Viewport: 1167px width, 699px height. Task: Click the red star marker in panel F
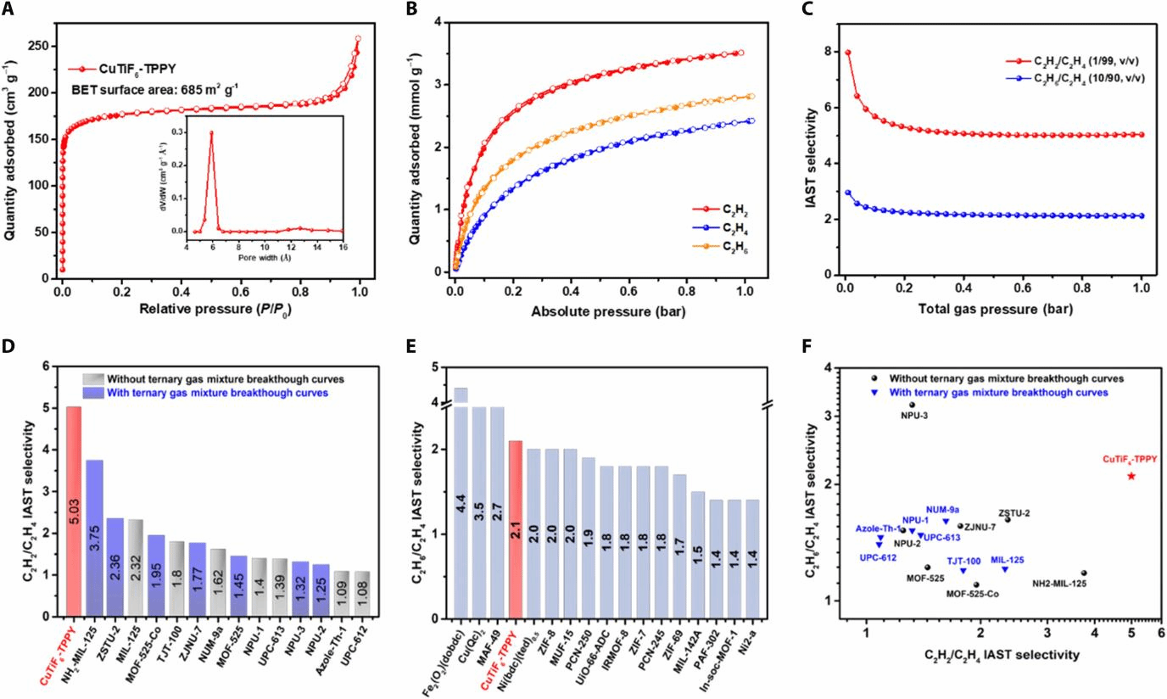[1131, 476]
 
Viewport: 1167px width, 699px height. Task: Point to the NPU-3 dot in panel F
[912, 405]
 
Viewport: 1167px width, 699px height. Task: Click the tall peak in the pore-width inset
[211, 132]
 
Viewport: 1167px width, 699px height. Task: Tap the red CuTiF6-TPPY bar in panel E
[516, 529]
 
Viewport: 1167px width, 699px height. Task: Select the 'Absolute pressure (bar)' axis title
[608, 311]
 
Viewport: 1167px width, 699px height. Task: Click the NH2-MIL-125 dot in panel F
[1084, 573]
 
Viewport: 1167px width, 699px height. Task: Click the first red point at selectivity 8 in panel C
[847, 53]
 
